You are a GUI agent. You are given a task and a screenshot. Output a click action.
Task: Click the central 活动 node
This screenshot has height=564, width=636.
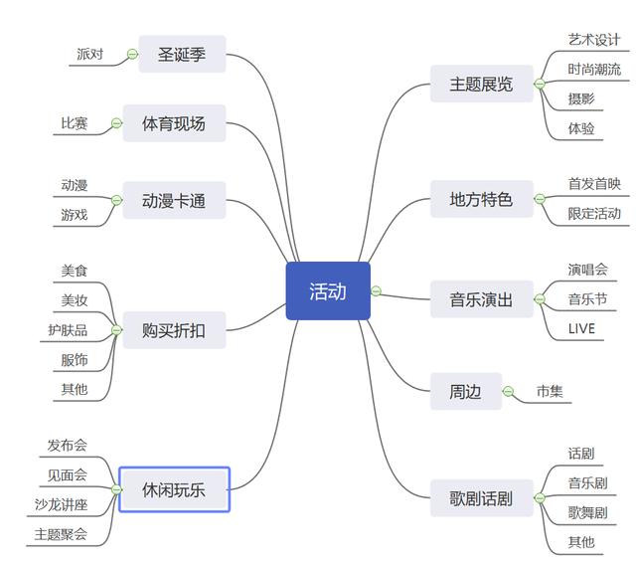pyautogui.click(x=328, y=291)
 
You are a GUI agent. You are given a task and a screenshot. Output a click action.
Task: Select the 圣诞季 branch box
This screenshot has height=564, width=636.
pyautogui.click(x=182, y=55)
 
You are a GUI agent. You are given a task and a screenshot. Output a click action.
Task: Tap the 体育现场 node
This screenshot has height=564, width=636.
pyautogui.click(x=174, y=123)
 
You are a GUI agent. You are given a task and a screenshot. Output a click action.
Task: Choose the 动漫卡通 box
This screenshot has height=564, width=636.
pyautogui.click(x=174, y=200)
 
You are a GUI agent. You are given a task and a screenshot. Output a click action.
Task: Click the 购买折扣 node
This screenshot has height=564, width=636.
pyautogui.click(x=174, y=329)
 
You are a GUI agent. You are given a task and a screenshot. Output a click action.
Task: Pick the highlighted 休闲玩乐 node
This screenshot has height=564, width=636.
pyautogui.click(x=174, y=489)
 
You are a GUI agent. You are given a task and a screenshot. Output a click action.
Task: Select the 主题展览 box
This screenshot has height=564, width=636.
pyautogui.click(x=482, y=84)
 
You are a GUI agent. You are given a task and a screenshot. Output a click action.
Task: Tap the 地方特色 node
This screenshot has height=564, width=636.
pyautogui.click(x=482, y=199)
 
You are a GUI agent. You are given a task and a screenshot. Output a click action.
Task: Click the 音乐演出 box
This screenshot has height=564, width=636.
pyautogui.click(x=482, y=298)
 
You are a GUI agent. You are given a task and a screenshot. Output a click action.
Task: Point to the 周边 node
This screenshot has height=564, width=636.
pyautogui.click(x=458, y=391)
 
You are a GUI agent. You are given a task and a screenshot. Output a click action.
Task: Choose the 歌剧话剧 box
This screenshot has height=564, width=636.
pyautogui.click(x=482, y=498)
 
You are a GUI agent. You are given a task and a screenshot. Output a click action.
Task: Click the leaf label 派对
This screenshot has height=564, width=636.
pyautogui.click(x=89, y=55)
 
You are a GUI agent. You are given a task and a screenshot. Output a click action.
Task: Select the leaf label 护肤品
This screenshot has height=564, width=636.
pyautogui.click(x=68, y=329)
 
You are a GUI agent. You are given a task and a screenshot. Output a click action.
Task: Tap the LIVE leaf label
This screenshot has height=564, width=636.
pyautogui.click(x=581, y=328)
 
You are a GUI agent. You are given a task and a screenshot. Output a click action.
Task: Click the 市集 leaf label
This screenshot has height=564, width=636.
pyautogui.click(x=550, y=391)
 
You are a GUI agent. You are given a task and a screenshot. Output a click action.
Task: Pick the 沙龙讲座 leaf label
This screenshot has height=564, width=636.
pyautogui.click(x=62, y=504)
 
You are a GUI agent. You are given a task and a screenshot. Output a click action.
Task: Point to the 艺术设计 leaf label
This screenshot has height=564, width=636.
pyautogui.click(x=594, y=40)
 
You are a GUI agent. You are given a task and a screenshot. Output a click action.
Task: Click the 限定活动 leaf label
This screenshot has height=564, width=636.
pyautogui.click(x=594, y=213)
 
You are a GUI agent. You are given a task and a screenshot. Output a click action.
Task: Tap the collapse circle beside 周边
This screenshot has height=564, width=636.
pyautogui.click(x=508, y=391)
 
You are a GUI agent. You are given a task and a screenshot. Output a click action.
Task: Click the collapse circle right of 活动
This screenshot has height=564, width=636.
pyautogui.click(x=376, y=291)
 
